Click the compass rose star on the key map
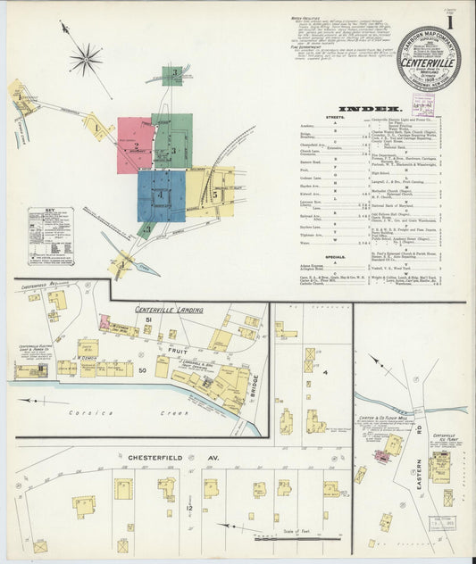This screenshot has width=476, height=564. tap(86, 60)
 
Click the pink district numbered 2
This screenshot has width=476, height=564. tap(135, 145)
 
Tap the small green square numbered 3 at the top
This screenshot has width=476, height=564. tap(176, 74)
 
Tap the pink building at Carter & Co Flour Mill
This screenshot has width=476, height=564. tap(382, 456)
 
